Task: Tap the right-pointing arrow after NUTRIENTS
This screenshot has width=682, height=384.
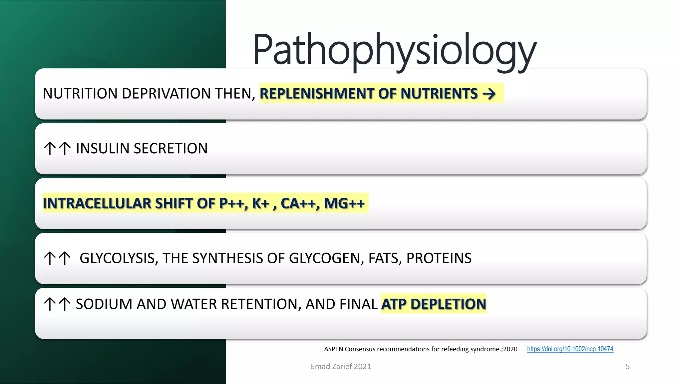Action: pyautogui.click(x=489, y=94)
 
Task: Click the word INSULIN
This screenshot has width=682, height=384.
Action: pyautogui.click(x=102, y=149)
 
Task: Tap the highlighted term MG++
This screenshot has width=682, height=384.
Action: pyautogui.click(x=344, y=203)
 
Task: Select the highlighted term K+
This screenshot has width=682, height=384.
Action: pyautogui.click(x=260, y=203)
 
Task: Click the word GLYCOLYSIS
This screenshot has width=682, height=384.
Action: pyautogui.click(x=117, y=258)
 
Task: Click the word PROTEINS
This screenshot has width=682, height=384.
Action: pyautogui.click(x=439, y=258)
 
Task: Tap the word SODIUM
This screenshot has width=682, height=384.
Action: pyautogui.click(x=104, y=304)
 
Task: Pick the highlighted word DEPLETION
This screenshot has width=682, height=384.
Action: pyautogui.click(x=448, y=304)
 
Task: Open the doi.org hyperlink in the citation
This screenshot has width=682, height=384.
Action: pyautogui.click(x=570, y=349)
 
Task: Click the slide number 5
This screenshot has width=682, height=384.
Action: pyautogui.click(x=627, y=367)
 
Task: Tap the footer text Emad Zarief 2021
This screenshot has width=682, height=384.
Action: pyautogui.click(x=341, y=367)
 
